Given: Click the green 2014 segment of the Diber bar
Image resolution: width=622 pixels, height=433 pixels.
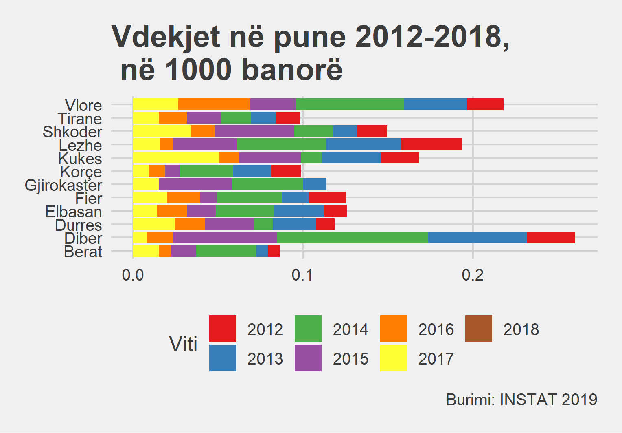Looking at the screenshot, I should click(352, 238).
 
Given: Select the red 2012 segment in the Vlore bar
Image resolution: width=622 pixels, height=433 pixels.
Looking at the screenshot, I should click(485, 104).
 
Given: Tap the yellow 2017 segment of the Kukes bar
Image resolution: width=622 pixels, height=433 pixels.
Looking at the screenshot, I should click(175, 158).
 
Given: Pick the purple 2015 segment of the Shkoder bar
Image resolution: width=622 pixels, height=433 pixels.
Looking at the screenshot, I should click(254, 131).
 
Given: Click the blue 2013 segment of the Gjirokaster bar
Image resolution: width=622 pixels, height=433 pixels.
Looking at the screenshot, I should click(315, 184).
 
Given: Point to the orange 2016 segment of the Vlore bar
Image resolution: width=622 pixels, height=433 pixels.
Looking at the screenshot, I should click(214, 104).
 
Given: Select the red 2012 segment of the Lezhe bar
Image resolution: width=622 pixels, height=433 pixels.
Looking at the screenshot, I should click(431, 144).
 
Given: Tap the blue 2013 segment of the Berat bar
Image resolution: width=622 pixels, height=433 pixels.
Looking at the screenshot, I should click(262, 251).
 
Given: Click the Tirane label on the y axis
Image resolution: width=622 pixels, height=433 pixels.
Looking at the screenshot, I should click(80, 119).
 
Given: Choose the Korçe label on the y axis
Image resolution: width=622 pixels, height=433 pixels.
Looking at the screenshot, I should click(81, 172).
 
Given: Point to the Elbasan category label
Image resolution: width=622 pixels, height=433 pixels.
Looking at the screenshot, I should click(74, 212).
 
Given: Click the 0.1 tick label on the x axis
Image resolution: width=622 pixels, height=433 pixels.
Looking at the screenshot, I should click(302, 275).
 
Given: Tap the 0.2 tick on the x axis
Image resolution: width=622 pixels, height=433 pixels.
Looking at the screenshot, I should click(473, 275).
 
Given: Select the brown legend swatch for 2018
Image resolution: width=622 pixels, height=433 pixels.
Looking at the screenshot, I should click(479, 329).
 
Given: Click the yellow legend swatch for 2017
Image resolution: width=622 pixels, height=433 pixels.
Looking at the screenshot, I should click(393, 358).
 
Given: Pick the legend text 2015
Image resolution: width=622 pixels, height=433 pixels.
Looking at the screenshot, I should click(350, 359).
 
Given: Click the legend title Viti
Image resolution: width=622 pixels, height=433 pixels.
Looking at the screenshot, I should click(183, 344).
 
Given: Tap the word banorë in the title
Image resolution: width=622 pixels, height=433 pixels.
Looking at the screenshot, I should click(292, 70).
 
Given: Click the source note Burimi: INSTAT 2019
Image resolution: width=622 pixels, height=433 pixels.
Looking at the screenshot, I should click(521, 400).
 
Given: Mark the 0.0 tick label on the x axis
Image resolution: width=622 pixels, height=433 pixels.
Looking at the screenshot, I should click(133, 275).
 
